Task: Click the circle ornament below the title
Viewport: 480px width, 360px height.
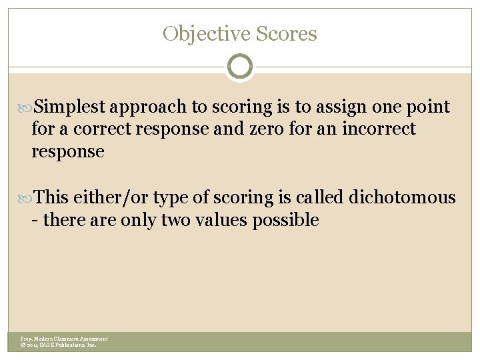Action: click(x=240, y=67)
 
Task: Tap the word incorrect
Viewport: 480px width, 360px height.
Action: click(x=379, y=129)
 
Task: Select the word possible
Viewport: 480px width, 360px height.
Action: click(x=285, y=220)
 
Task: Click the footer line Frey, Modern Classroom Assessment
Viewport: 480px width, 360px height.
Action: click(x=64, y=339)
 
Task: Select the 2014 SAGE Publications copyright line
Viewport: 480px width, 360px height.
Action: click(x=59, y=345)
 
